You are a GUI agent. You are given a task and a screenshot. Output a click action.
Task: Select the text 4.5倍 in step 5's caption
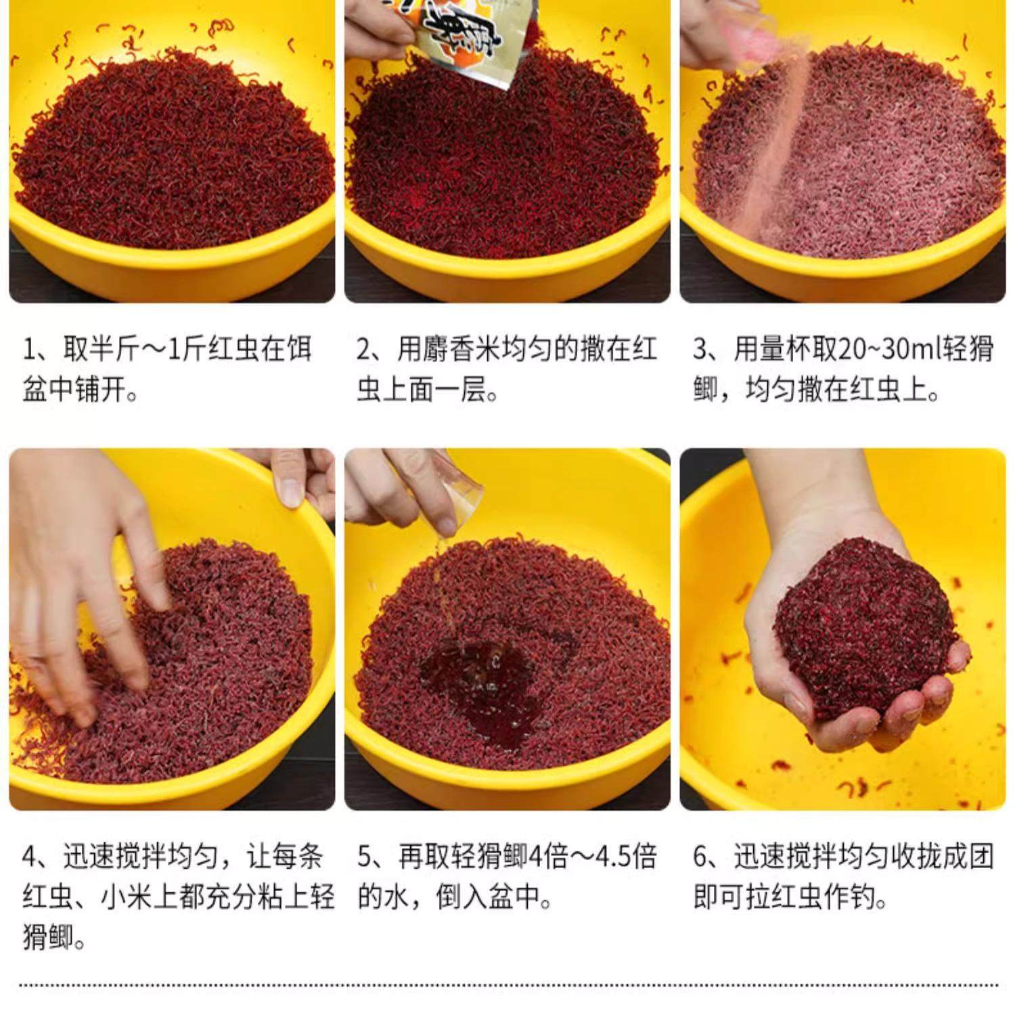[625, 857]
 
